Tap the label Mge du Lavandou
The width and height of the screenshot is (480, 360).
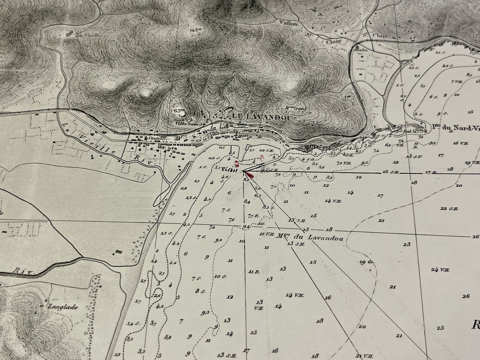pyautogui.click(x=309, y=237)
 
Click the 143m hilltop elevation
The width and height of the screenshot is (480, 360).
pyautogui.click(x=196, y=30)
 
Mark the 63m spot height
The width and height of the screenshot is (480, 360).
pyautogui.click(x=179, y=110)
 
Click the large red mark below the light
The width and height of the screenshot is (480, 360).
pyautogui.click(x=251, y=176)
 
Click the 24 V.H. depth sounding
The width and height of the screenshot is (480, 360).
pyautogui.click(x=440, y=269)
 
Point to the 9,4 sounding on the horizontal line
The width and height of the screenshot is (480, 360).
pyautogui.click(x=246, y=227)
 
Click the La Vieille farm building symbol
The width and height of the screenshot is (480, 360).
pyautogui.click(x=70, y=34)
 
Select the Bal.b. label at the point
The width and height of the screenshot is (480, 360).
pyautogui.click(x=407, y=131)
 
